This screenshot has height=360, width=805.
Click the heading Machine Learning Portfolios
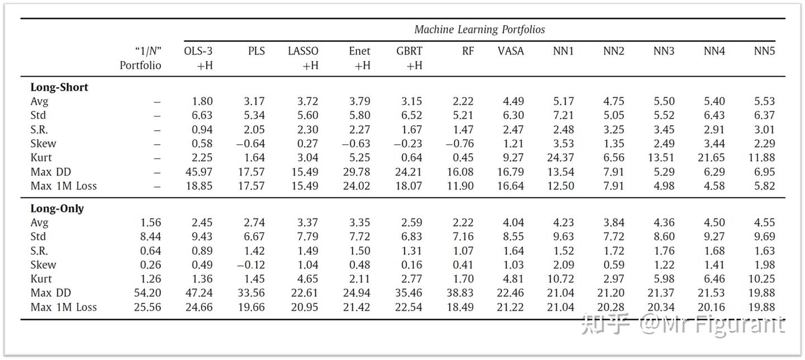tap(479, 30)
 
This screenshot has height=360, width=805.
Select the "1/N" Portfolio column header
tap(140, 58)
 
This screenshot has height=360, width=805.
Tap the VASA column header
tap(510, 51)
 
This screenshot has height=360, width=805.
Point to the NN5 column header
tap(764, 51)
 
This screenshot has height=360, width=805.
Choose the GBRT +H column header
tap(409, 58)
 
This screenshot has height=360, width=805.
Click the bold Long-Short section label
tap(59, 88)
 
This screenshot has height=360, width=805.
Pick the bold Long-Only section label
tap(57, 209)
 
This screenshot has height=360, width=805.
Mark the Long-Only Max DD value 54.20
tap(148, 293)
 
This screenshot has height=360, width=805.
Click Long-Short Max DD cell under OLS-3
tap(199, 172)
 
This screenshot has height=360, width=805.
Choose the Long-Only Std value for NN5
tap(764, 236)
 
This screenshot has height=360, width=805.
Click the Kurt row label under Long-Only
tap(41, 279)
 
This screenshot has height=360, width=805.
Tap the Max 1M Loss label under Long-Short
tap(64, 186)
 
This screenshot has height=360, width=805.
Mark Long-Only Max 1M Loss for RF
tap(460, 307)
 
